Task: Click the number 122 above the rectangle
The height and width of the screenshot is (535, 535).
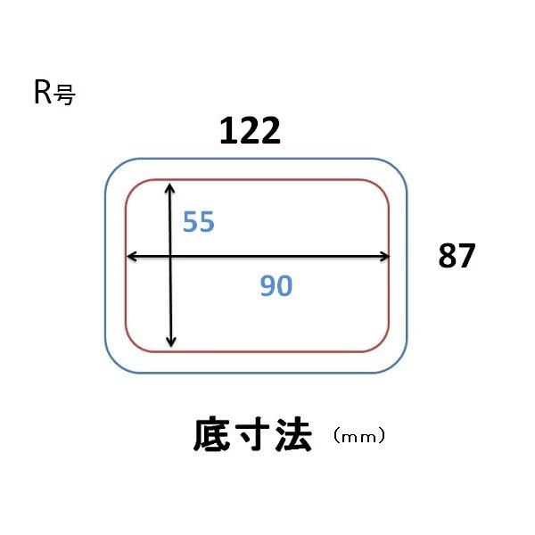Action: tap(251, 132)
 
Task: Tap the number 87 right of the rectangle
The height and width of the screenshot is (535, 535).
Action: tap(457, 256)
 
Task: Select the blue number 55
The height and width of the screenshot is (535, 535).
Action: tap(199, 221)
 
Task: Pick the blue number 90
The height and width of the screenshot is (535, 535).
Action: tap(276, 285)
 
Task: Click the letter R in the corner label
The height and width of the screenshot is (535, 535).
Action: tap(42, 93)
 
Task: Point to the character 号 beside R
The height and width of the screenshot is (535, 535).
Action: tap(64, 95)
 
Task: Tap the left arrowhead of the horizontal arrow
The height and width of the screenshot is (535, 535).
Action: tap(131, 257)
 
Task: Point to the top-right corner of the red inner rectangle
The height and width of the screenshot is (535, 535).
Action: tap(383, 185)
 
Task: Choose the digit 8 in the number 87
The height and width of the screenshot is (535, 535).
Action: tap(448, 256)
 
